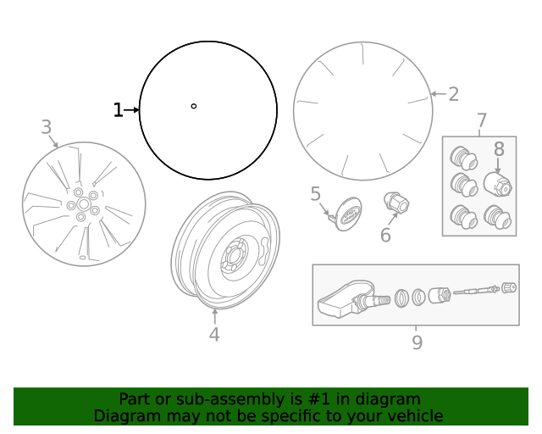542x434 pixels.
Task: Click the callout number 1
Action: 118,110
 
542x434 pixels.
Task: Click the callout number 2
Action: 454,94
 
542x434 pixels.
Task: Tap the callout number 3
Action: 46,127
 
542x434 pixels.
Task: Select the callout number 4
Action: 214,335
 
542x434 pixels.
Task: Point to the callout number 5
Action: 316,194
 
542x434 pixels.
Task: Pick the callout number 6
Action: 385,235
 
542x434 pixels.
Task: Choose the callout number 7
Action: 482,120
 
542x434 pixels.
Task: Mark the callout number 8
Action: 499,148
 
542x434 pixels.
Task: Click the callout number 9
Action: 417,342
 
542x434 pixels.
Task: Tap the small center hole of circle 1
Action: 194,106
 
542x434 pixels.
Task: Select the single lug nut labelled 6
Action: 397,203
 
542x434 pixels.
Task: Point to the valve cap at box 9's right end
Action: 509,287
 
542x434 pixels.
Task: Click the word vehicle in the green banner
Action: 412,415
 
